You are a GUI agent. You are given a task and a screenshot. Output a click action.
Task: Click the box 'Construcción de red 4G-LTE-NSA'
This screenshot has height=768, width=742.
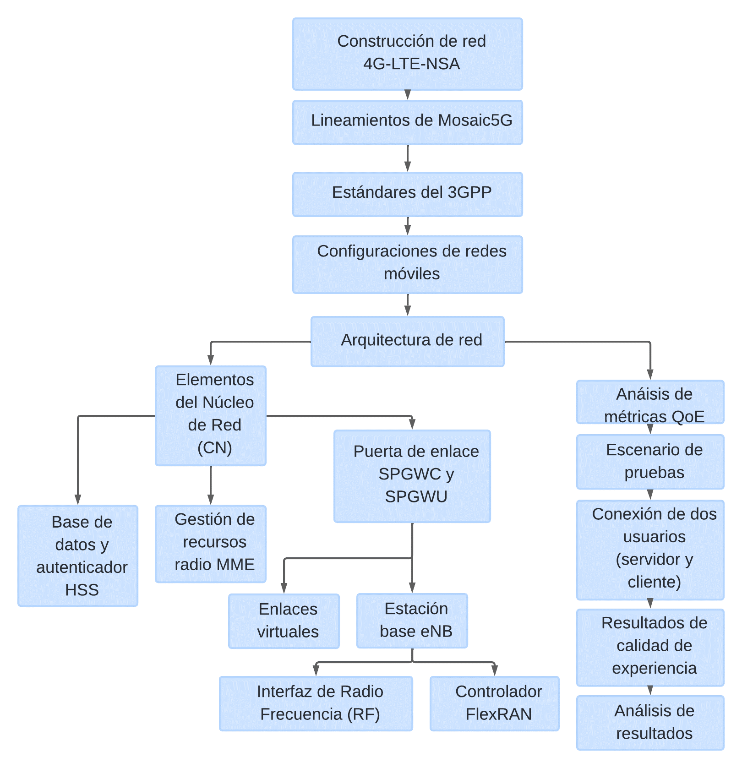[407, 54]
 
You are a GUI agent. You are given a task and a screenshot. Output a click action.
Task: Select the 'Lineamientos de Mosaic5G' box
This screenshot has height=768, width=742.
[407, 122]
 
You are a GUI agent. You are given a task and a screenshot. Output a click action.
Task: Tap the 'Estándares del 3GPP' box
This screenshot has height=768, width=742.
[407, 194]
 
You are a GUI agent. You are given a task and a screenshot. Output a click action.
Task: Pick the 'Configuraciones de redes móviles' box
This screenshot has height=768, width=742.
[407, 264]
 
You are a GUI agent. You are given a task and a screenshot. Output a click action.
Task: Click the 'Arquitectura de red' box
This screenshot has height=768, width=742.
[407, 341]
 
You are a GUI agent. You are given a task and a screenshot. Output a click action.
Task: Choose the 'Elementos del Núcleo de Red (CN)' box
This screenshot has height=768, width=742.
[210, 415]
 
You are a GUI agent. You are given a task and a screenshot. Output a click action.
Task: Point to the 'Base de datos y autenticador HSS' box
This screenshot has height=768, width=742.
[78, 556]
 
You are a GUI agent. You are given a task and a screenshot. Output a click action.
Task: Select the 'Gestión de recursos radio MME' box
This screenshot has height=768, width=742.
[210, 544]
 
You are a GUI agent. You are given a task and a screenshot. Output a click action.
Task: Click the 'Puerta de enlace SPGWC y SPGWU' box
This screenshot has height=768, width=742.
[412, 476]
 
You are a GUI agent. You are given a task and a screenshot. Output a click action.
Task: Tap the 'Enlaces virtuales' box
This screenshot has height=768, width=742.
[284, 621]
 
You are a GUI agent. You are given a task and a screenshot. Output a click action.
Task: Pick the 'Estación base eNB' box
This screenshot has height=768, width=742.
[412, 621]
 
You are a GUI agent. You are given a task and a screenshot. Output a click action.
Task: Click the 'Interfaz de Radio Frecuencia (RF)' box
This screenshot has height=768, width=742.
[316, 703]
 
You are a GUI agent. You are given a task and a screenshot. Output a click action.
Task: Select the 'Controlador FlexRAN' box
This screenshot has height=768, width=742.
[494, 703]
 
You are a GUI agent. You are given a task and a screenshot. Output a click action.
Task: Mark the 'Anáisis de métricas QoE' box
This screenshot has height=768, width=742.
[650, 402]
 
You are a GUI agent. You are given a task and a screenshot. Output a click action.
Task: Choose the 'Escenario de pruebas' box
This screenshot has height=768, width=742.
[650, 462]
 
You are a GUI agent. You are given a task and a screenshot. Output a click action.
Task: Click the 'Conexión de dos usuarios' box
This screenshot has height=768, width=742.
[650, 550]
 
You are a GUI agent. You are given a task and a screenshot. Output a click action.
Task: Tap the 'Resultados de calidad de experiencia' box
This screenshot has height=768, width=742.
[650, 647]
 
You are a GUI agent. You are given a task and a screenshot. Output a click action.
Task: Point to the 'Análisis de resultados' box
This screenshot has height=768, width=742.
[650, 723]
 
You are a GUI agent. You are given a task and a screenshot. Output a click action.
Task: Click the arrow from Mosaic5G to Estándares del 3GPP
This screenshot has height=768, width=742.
[407, 158]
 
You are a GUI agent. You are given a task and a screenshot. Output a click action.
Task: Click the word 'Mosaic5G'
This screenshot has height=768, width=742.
[475, 120]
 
